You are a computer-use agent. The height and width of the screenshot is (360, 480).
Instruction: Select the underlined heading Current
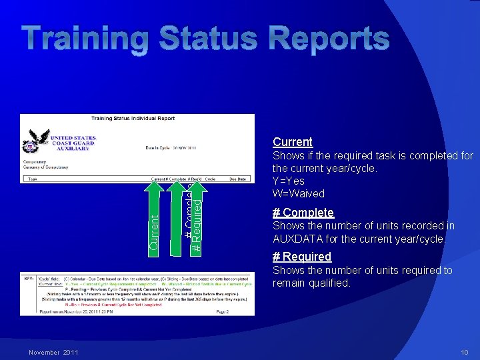click(292, 142)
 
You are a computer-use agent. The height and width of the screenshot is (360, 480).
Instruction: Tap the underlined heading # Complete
click(303, 213)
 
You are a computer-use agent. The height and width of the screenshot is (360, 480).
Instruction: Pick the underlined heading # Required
click(301, 257)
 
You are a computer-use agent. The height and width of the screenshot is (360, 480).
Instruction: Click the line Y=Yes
click(288, 181)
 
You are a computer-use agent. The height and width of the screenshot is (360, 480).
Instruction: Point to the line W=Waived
click(298, 194)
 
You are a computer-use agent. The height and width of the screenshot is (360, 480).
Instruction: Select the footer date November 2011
click(53, 352)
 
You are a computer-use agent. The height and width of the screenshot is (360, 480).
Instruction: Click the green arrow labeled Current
click(154, 220)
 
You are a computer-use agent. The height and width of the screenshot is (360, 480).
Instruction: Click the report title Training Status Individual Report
click(133, 119)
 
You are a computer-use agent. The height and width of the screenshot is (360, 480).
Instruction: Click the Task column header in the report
click(32, 179)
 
